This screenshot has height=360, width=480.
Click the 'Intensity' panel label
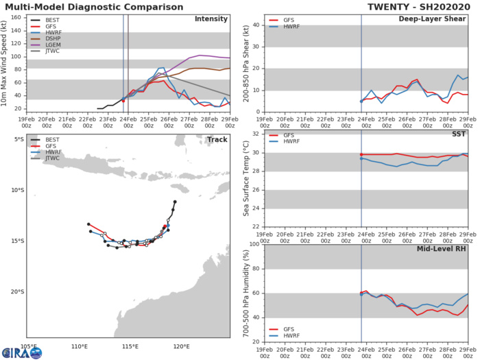pyautogui.click(x=211, y=19)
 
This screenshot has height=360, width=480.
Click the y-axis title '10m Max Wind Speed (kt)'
pyautogui.click(x=7, y=62)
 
